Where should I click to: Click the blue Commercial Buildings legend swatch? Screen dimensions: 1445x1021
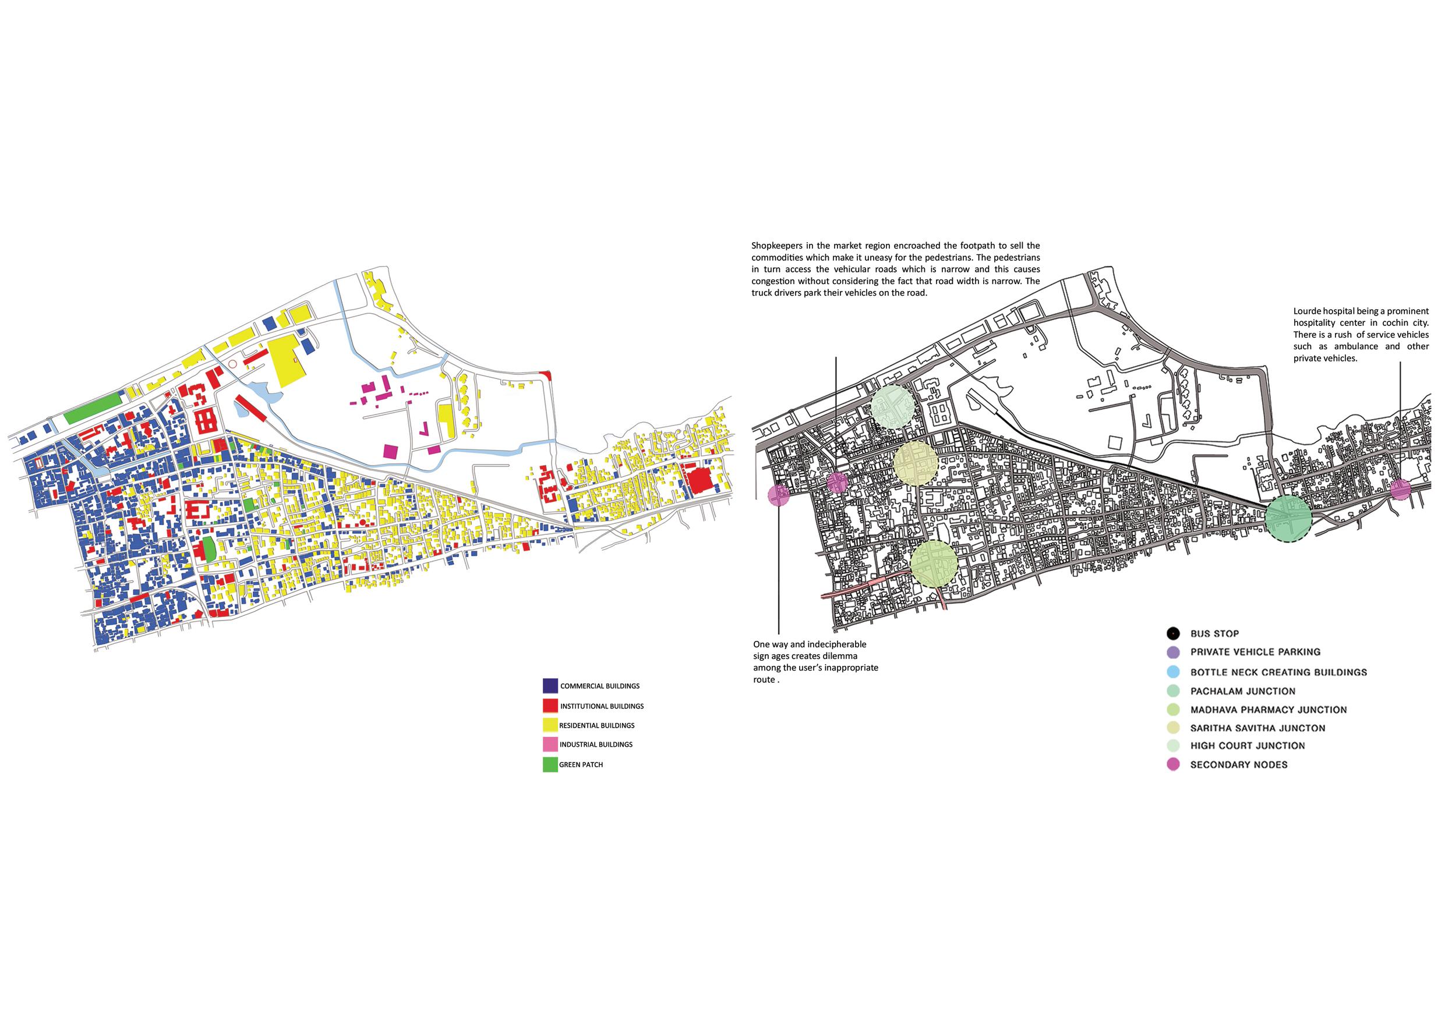(550, 685)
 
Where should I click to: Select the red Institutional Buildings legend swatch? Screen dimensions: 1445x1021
(550, 706)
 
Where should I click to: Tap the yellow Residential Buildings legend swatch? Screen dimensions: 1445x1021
(550, 725)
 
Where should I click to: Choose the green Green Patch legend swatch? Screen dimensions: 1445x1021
(550, 765)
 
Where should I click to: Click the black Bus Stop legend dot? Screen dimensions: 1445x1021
(1172, 633)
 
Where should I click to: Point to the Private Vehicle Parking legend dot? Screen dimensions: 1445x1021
(1172, 653)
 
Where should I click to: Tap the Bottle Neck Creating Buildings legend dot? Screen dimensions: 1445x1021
(1172, 672)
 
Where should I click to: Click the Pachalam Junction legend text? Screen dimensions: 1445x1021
(1242, 692)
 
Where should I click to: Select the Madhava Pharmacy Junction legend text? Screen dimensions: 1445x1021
(1268, 710)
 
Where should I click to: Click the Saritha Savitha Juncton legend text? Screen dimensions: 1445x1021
(1257, 728)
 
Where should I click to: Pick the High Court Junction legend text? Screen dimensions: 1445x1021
(1248, 746)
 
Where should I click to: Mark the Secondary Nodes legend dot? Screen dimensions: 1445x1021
(1172, 765)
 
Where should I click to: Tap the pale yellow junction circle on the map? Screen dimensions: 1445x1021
(916, 463)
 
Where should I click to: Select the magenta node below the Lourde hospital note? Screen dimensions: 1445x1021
(1400, 489)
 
